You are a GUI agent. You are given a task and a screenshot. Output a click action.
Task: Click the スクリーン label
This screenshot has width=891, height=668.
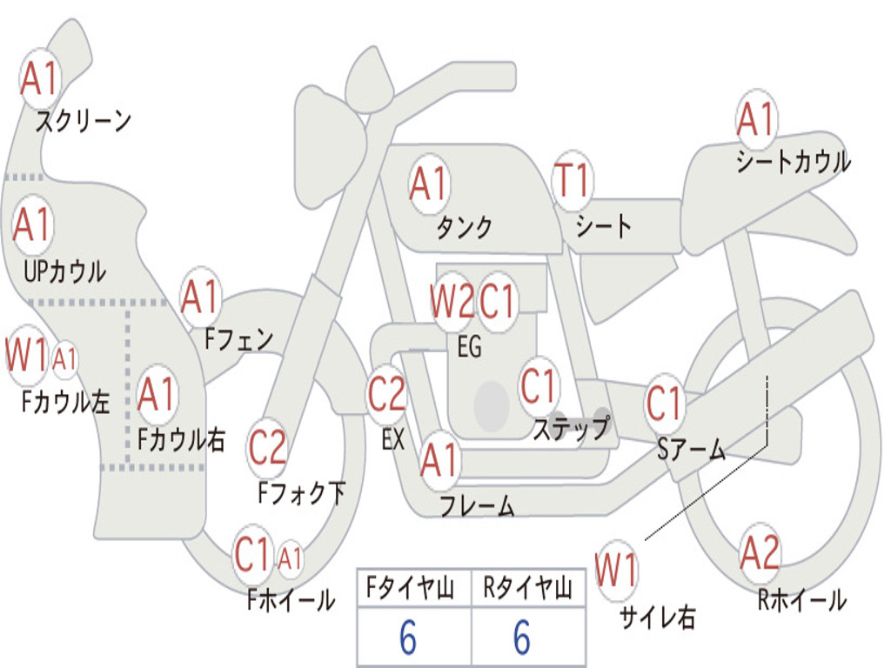pyautogui.click(x=83, y=121)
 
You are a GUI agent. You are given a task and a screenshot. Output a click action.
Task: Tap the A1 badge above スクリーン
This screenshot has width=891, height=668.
pyautogui.click(x=39, y=79)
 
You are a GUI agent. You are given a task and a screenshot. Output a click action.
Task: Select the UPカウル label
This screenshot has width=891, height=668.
pyautogui.click(x=64, y=271)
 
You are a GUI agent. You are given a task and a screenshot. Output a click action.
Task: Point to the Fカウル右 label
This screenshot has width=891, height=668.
pyautogui.click(x=181, y=439)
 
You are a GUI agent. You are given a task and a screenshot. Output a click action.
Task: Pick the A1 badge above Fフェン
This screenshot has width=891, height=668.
pyautogui.click(x=201, y=297)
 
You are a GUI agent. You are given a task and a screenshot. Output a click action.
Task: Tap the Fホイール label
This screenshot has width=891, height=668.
pyautogui.click(x=291, y=599)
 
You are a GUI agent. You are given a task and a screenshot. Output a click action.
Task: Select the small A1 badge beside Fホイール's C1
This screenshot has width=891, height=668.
pyautogui.click(x=290, y=558)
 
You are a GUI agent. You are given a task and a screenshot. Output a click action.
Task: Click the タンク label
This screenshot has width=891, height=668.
pyautogui.click(x=464, y=227)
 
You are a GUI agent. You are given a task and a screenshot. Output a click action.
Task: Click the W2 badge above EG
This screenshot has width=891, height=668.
pyautogui.click(x=452, y=303)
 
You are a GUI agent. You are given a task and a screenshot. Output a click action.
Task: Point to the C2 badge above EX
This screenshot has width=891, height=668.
pyautogui.click(x=386, y=395)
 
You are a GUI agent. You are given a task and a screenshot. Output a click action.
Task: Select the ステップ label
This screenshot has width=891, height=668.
pyautogui.click(x=571, y=428)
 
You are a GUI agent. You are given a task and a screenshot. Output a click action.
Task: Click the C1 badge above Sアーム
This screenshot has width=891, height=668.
pyautogui.click(x=666, y=404)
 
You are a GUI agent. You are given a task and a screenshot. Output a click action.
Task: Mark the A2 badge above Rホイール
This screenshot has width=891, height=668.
pyautogui.click(x=760, y=553)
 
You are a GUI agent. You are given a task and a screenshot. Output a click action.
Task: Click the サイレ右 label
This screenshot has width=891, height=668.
pyautogui.click(x=657, y=617)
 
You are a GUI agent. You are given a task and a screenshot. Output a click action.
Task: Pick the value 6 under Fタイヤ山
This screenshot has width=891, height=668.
pyautogui.click(x=408, y=638)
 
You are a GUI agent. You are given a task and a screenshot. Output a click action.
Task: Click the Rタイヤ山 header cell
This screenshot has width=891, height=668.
pyautogui.click(x=527, y=590)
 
